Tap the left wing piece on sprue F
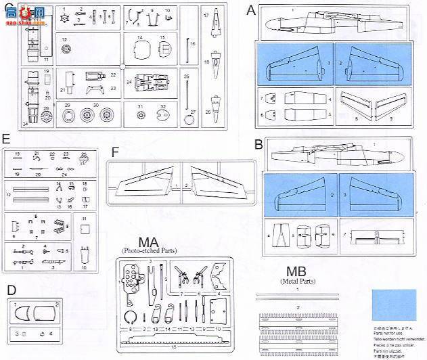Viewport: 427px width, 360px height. pyautogui.click(x=145, y=182)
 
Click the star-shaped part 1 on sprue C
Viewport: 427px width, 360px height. pyautogui.click(x=64, y=17)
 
